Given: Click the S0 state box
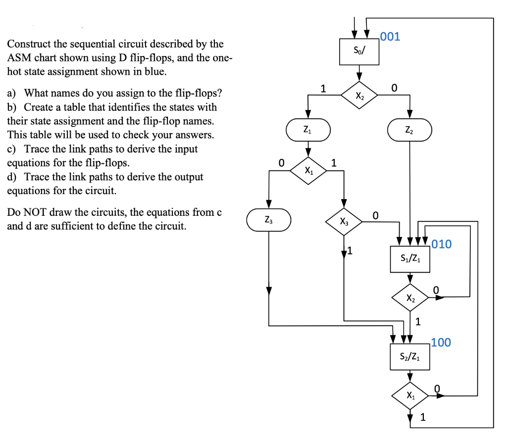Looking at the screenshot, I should (x=359, y=51).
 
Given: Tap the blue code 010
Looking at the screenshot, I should (x=442, y=244).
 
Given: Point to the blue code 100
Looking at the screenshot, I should (x=441, y=343).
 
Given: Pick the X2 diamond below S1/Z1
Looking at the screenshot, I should (x=410, y=298).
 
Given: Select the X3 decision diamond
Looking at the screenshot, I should (x=344, y=222).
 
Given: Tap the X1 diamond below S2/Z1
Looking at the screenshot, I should (x=410, y=395).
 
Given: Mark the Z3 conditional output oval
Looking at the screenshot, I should (x=268, y=219).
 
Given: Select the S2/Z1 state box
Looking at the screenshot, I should (x=410, y=355).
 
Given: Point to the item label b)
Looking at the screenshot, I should (x=12, y=107).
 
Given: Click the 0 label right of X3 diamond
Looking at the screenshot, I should (x=375, y=215).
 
